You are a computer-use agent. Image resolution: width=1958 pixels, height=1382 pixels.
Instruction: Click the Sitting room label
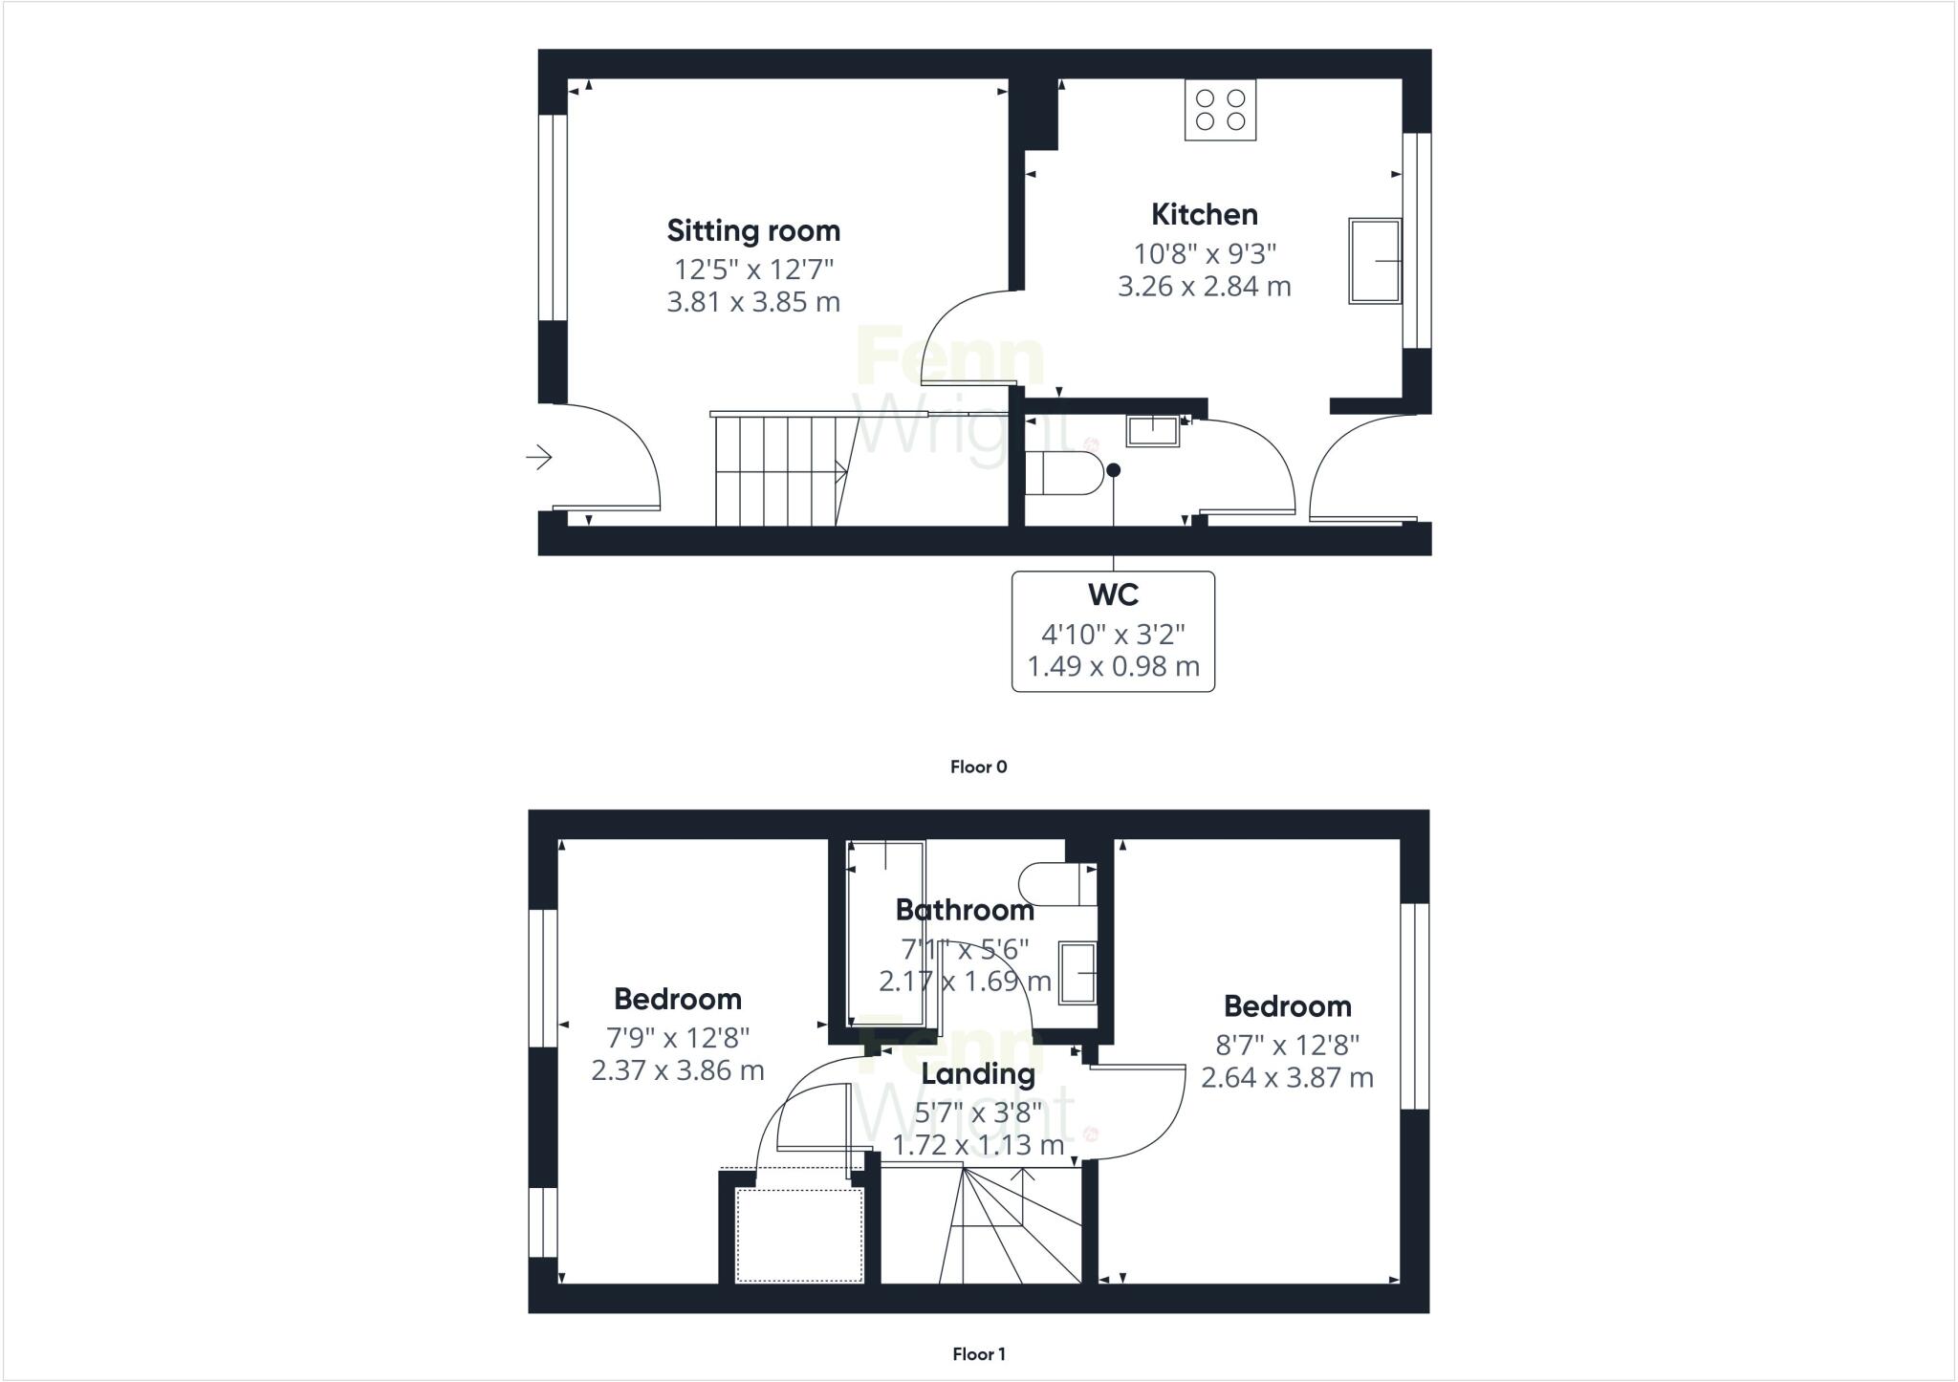pyautogui.click(x=753, y=231)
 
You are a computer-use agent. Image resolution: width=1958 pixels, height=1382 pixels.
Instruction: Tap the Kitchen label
pyautogui.click(x=1204, y=215)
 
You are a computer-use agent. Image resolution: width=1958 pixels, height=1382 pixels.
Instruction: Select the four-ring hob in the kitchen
pyautogui.click(x=1220, y=110)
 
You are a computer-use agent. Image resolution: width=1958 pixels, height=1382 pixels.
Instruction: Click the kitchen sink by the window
pyautogui.click(x=1375, y=261)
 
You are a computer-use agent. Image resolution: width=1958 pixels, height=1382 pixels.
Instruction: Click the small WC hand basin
pyautogui.click(x=1153, y=430)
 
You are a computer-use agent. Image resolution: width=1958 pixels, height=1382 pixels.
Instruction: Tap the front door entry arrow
pyautogui.click(x=539, y=458)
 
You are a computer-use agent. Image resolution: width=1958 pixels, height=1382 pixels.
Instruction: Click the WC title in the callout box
pyautogui.click(x=1113, y=595)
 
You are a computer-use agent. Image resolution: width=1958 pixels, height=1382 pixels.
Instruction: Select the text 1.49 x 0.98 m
pyautogui.click(x=1113, y=666)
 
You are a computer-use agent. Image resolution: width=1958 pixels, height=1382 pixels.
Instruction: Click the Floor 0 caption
pyautogui.click(x=978, y=767)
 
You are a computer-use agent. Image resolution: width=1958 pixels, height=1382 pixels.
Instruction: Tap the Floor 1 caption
pyautogui.click(x=978, y=1354)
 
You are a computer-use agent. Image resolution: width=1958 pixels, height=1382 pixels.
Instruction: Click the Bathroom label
pyautogui.click(x=964, y=910)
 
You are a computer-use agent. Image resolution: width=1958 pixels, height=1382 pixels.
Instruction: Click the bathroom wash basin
pyautogui.click(x=1077, y=973)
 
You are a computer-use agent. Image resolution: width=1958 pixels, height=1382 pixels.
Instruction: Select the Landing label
pyautogui.click(x=977, y=1074)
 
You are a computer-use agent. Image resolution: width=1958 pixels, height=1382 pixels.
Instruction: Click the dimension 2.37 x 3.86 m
pyautogui.click(x=677, y=1070)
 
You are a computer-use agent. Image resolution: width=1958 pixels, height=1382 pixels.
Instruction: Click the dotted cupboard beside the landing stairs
pyautogui.click(x=799, y=1234)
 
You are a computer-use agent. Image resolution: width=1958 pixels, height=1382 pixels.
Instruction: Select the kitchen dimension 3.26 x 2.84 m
pyautogui.click(x=1204, y=287)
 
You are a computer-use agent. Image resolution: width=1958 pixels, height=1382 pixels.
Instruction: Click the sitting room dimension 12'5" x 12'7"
pyautogui.click(x=753, y=269)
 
